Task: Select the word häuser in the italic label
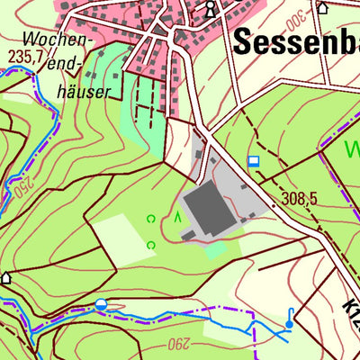(x=81, y=91)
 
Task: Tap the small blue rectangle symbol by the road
(x=254, y=162)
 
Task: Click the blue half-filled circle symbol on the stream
(x=101, y=305)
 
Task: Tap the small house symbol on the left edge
(x=6, y=277)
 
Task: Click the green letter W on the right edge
(x=353, y=147)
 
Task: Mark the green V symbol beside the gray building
(x=177, y=218)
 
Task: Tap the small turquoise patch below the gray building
(x=213, y=249)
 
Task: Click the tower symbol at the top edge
(x=211, y=9)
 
